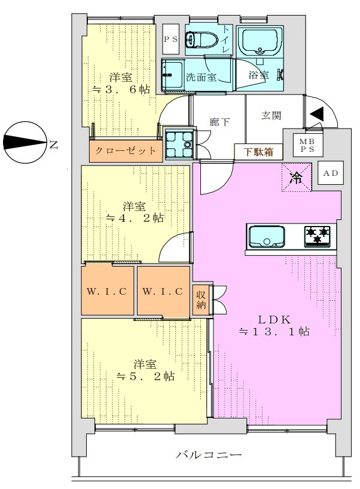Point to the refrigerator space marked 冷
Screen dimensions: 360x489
click(297, 178)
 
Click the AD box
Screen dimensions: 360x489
click(331, 172)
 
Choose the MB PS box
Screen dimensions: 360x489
click(307, 145)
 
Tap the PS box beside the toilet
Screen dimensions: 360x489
click(171, 39)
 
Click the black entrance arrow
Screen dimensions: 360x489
click(316, 113)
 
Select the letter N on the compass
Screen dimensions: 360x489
click(53, 145)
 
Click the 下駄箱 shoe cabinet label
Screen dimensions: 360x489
click(258, 152)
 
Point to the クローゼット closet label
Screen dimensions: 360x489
click(126, 151)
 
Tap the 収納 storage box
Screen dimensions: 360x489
click(201, 299)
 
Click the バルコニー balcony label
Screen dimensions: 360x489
click(208, 454)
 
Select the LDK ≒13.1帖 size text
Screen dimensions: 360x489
click(274, 325)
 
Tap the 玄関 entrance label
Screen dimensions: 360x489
click(271, 115)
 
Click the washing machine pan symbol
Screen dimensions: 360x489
click(179, 144)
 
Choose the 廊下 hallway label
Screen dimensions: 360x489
click(219, 121)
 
